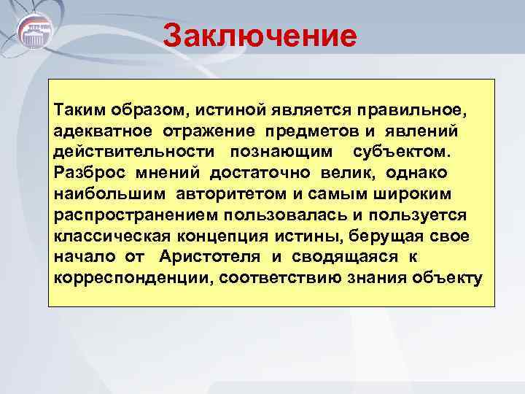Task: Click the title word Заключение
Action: click(x=260, y=35)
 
